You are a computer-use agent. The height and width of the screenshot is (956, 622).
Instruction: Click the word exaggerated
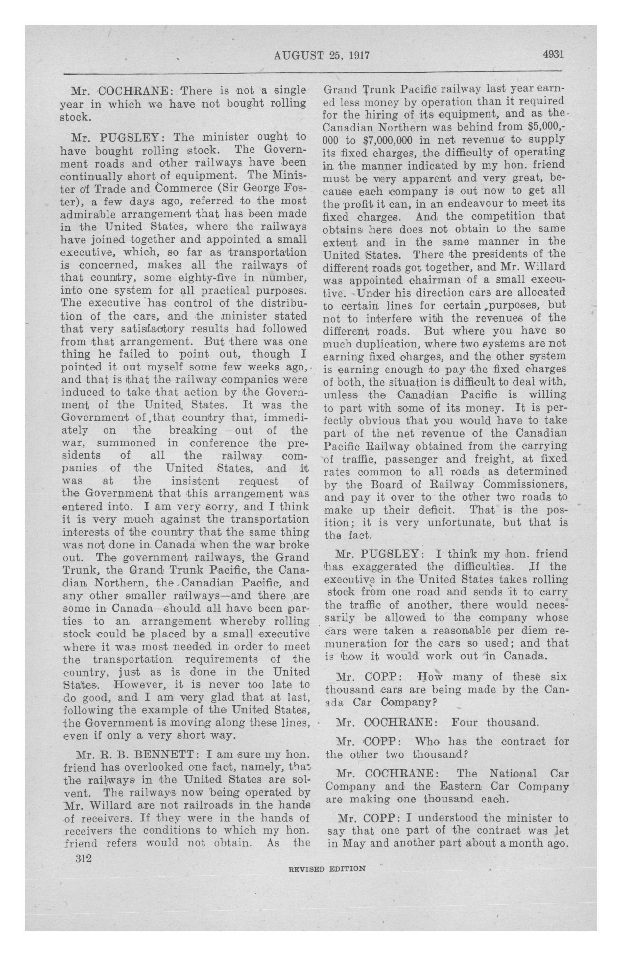[383, 567]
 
